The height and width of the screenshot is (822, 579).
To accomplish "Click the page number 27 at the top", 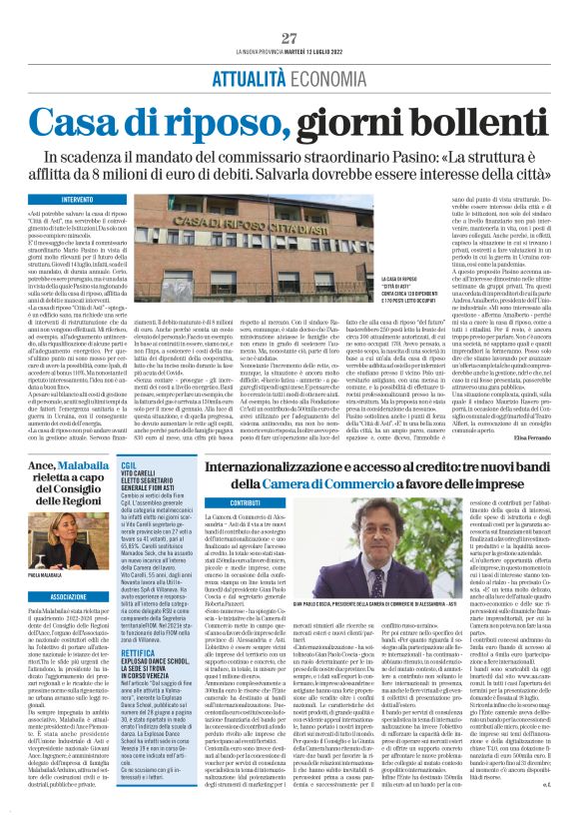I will tap(289, 38).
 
